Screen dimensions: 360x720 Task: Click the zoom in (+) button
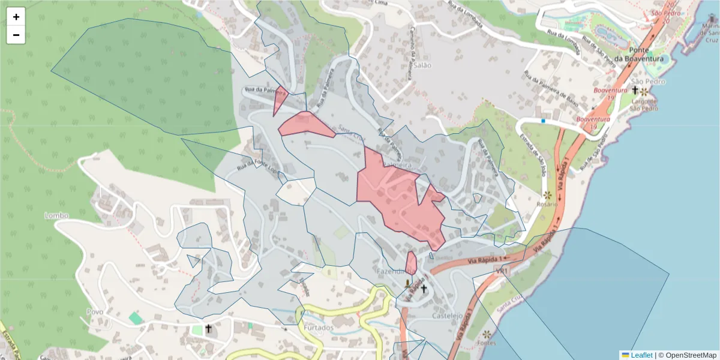point(16,17)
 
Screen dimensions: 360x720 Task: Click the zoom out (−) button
point(16,35)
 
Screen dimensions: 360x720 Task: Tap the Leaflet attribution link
point(641,355)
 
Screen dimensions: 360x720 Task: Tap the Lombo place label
point(56,215)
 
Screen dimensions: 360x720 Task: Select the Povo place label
point(95,312)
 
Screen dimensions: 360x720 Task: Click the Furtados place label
point(318,328)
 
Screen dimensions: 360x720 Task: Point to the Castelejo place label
point(447,316)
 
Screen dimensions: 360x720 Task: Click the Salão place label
point(422,65)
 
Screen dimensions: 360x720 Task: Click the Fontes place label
point(487,343)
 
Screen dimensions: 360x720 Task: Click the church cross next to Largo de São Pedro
point(635,90)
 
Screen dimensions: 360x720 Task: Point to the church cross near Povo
point(208,328)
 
